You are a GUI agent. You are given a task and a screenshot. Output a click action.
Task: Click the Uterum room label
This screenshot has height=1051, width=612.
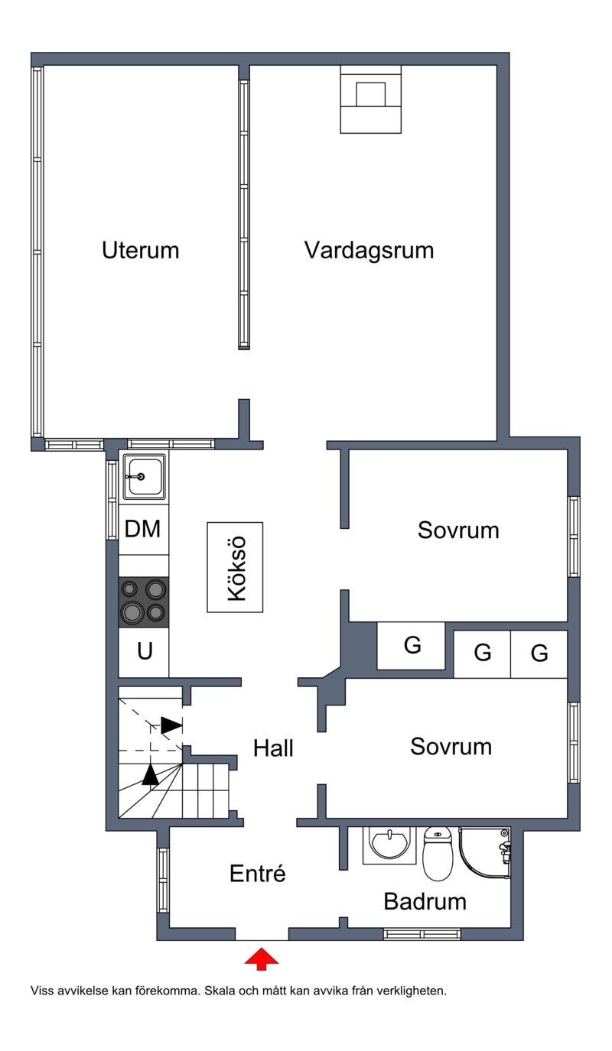pos(141,250)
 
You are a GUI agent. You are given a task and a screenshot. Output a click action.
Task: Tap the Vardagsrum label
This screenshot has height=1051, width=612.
pos(369,250)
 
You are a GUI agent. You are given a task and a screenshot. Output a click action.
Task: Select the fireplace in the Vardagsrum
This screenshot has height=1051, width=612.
pos(370,99)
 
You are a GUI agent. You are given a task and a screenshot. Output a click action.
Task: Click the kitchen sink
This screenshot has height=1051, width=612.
pos(144,477)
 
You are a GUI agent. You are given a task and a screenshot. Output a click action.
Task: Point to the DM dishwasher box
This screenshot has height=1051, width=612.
pos(143,529)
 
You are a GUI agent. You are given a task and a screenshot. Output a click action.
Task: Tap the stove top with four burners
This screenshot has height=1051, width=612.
pos(143,602)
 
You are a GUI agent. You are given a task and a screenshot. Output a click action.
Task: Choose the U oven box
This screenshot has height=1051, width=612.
pos(143,652)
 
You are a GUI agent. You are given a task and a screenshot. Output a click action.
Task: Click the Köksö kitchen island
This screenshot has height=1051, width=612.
pos(235,567)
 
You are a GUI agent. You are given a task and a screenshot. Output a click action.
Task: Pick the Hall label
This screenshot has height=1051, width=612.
pos(273,748)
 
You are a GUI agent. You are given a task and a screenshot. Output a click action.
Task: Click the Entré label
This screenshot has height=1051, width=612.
pos(257,873)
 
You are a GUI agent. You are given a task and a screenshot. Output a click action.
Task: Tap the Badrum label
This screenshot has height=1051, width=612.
pos(425,901)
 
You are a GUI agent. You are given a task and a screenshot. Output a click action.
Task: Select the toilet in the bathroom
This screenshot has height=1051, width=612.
pos(438,852)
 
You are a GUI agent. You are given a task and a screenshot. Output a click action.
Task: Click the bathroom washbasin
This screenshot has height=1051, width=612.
pos(389,845)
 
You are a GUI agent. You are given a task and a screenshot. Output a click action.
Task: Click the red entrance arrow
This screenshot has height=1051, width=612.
pos(262,959)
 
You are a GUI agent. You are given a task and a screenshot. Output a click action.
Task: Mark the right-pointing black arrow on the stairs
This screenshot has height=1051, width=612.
pos(171,725)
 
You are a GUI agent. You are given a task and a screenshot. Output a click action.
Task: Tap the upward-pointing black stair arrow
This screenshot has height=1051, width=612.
pos(150,774)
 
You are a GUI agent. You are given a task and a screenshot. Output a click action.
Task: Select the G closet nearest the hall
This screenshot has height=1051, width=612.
pos(412,646)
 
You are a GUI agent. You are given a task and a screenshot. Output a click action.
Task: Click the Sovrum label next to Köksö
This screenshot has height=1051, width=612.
pos(458,530)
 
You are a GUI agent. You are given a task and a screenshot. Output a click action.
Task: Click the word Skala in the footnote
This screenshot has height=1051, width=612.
pos(220,991)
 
